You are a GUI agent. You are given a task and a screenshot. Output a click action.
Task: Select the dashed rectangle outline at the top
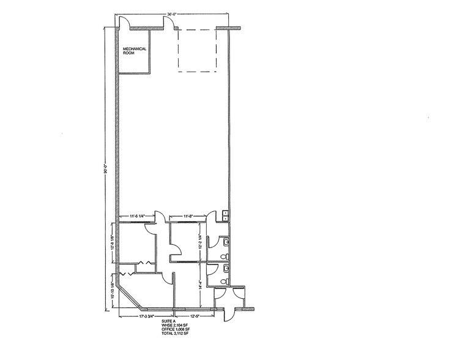(198, 52)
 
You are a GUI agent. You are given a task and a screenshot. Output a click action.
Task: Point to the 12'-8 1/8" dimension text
(114, 244)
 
